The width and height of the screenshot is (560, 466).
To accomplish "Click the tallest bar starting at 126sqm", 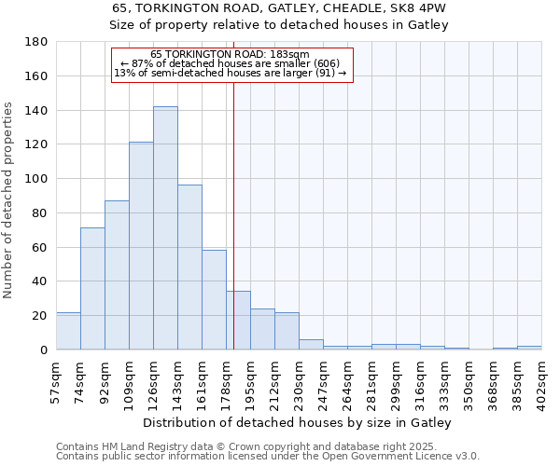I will click(165, 228).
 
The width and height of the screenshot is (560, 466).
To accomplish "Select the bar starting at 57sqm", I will click(68, 331).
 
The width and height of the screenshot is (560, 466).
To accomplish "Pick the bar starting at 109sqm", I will click(141, 246).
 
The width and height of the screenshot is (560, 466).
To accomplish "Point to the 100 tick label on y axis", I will click(38, 179).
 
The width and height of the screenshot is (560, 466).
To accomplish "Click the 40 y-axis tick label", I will click(42, 281).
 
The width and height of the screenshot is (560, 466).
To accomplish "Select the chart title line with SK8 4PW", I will click(279, 7).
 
